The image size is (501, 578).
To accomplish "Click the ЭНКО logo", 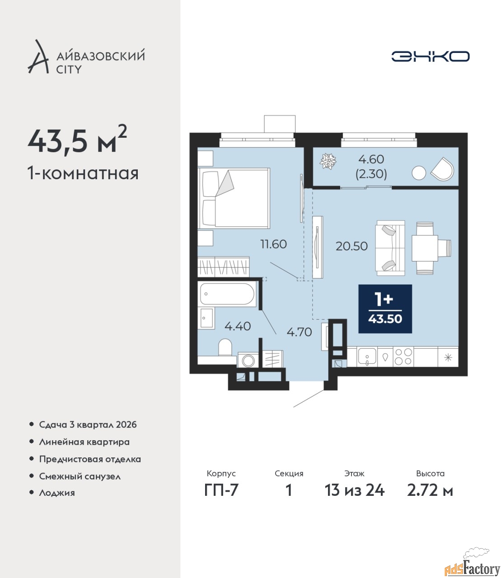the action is [x=430, y=56].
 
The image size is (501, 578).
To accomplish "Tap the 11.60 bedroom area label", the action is [x=274, y=244].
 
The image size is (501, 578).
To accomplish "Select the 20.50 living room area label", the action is [x=351, y=246].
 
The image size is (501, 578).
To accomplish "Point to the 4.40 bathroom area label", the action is [x=238, y=326].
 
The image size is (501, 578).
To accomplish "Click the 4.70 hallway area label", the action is [x=300, y=332].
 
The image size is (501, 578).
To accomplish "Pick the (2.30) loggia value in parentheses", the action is [x=371, y=174].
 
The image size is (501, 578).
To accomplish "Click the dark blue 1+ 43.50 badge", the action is [x=385, y=309].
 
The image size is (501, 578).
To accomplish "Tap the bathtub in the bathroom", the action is [x=227, y=294].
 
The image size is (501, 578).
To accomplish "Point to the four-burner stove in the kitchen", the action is [x=403, y=357].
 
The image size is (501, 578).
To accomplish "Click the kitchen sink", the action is [x=367, y=357].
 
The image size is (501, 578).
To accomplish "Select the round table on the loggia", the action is [x=419, y=173].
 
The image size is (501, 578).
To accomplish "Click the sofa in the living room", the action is [x=390, y=248].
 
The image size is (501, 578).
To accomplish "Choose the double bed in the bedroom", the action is [x=234, y=198].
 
